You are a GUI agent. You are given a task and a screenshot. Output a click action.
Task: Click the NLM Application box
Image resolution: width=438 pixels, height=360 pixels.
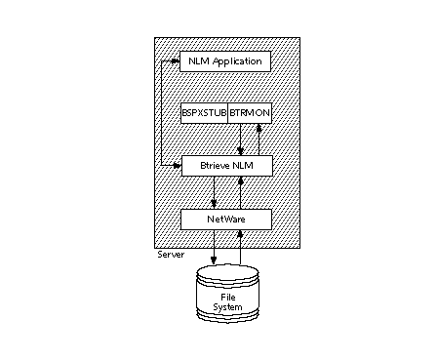(x=225, y=61)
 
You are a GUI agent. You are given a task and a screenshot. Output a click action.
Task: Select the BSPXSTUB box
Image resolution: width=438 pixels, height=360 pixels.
(x=204, y=113)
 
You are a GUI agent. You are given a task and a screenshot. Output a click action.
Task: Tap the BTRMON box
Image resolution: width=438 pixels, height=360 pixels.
(x=249, y=113)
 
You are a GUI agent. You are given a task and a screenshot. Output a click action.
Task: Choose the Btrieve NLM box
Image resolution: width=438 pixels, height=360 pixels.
(x=225, y=166)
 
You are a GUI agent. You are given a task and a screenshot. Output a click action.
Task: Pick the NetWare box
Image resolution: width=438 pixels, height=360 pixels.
(x=225, y=219)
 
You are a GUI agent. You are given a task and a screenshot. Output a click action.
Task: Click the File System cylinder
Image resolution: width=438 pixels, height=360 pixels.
(x=226, y=294)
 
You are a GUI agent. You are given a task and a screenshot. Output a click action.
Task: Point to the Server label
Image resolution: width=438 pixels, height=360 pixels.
(x=171, y=255)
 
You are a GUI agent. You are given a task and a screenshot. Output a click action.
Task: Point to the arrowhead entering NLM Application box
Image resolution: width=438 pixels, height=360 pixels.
(x=177, y=61)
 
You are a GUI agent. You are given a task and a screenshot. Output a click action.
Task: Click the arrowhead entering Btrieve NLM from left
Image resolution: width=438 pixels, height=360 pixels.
(x=177, y=166)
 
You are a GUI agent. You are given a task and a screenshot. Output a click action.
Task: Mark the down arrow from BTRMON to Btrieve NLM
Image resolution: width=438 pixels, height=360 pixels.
(x=241, y=150)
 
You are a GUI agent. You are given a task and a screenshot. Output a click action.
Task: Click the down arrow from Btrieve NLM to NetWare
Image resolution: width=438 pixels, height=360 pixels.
(x=214, y=203)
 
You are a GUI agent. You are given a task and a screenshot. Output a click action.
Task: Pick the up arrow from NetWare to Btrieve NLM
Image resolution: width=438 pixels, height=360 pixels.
(x=241, y=181)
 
